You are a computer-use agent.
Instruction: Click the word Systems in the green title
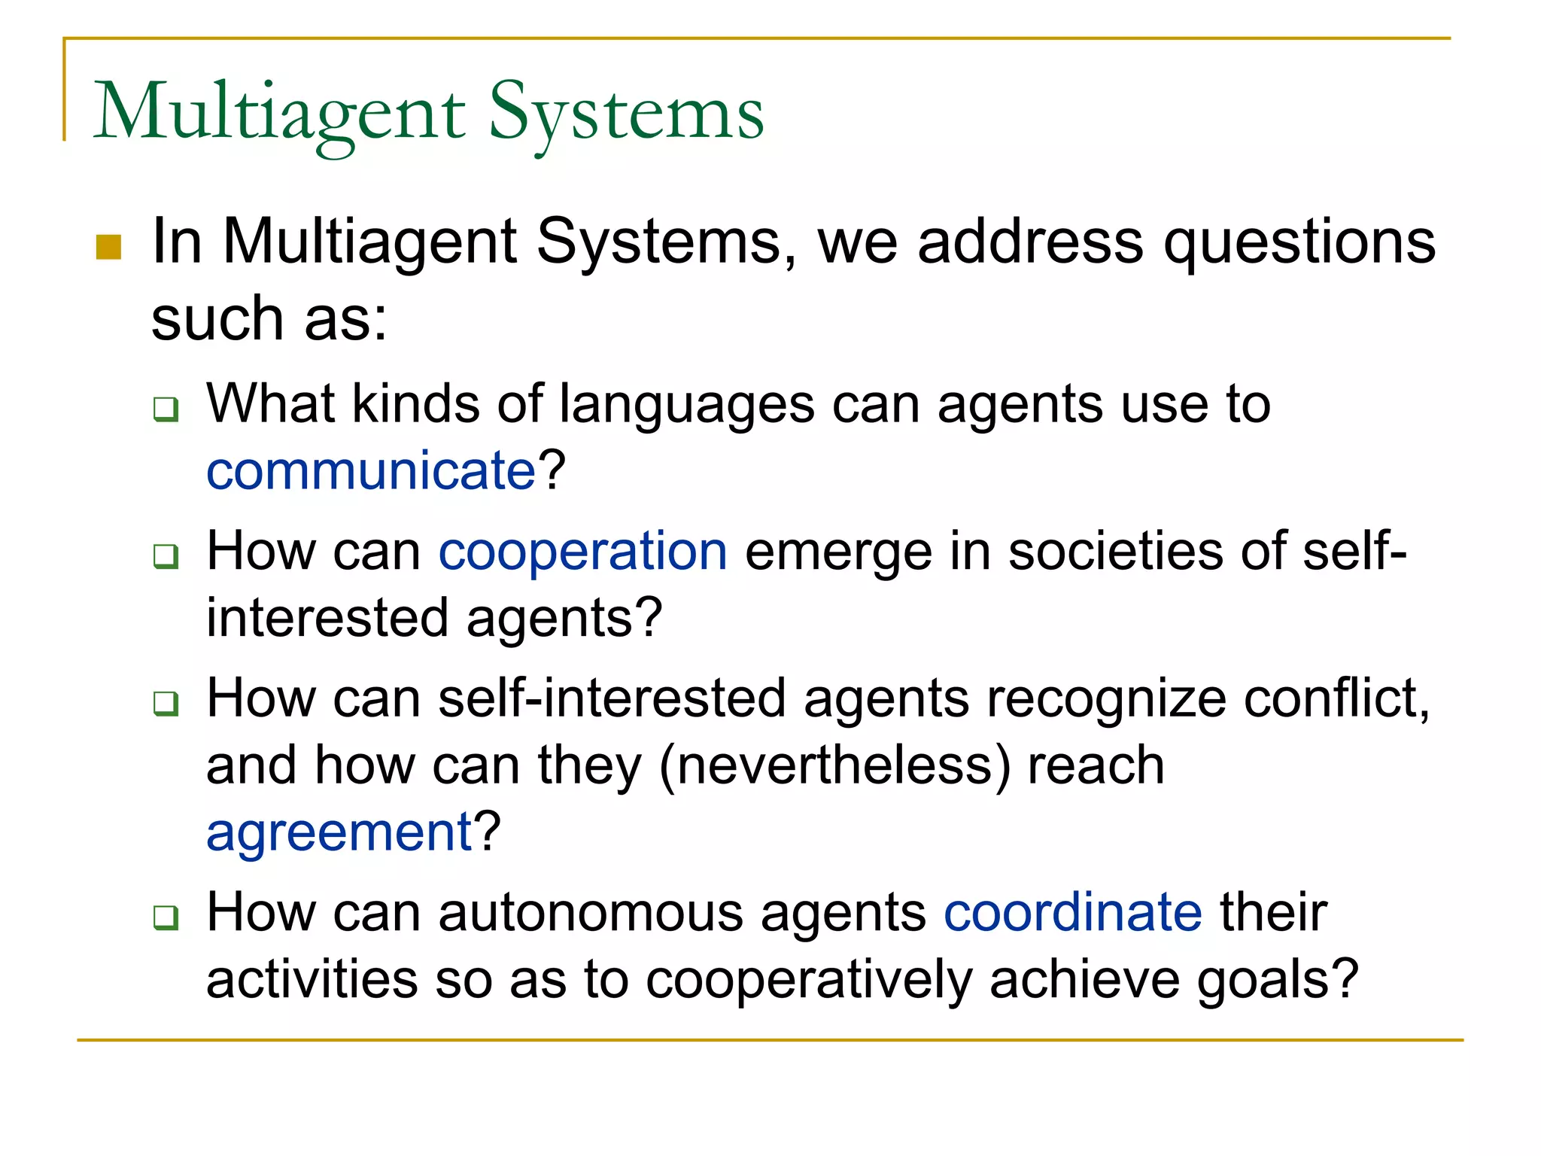point(626,113)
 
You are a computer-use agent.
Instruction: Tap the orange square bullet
point(109,247)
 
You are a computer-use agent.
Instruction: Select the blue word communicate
point(371,471)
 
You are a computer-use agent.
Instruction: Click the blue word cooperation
point(582,551)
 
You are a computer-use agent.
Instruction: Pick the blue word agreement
point(339,832)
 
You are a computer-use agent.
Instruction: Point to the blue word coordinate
point(1073,912)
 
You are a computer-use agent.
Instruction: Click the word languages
point(686,404)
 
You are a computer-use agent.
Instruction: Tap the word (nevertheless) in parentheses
point(834,765)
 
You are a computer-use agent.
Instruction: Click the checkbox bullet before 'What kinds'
point(166,409)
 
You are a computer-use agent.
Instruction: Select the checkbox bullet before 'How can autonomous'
point(166,917)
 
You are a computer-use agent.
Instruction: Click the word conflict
point(1335,698)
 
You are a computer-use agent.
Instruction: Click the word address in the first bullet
point(1030,242)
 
